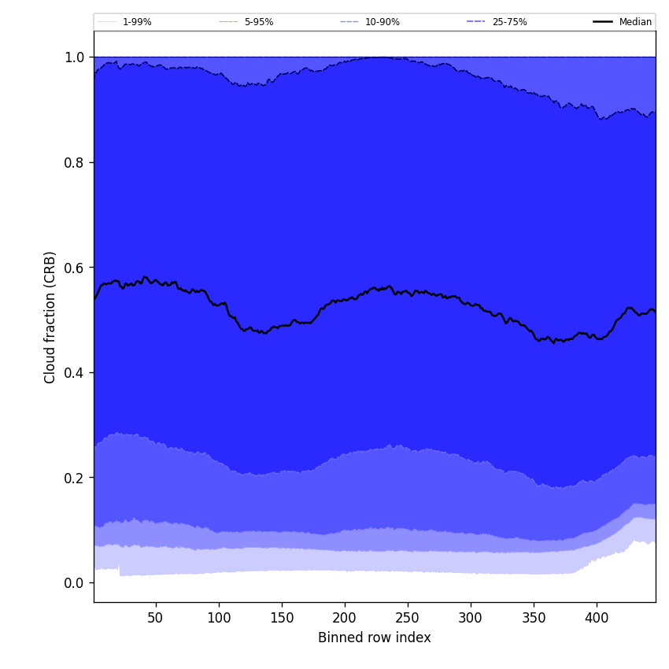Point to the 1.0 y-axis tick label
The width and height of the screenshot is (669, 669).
(x=75, y=57)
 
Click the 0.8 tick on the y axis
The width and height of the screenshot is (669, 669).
(x=75, y=162)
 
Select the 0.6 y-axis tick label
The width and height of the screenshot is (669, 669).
(x=75, y=268)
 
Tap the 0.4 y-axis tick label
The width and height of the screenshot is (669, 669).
(x=75, y=372)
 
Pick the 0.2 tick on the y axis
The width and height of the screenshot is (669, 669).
(x=75, y=478)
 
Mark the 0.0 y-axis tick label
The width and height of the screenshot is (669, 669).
(x=75, y=582)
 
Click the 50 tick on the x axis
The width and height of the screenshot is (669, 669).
(x=156, y=618)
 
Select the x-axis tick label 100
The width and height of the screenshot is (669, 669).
(x=219, y=618)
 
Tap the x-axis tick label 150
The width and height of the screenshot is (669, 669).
(x=282, y=618)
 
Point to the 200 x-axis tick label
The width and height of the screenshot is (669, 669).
(x=345, y=618)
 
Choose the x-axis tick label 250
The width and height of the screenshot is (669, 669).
(x=408, y=618)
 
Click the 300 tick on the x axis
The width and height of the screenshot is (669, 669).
(x=471, y=618)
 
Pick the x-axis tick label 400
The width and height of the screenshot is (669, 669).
(x=597, y=618)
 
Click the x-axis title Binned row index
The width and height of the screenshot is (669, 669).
(x=375, y=638)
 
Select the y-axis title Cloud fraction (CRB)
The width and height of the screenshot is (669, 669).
(x=50, y=317)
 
